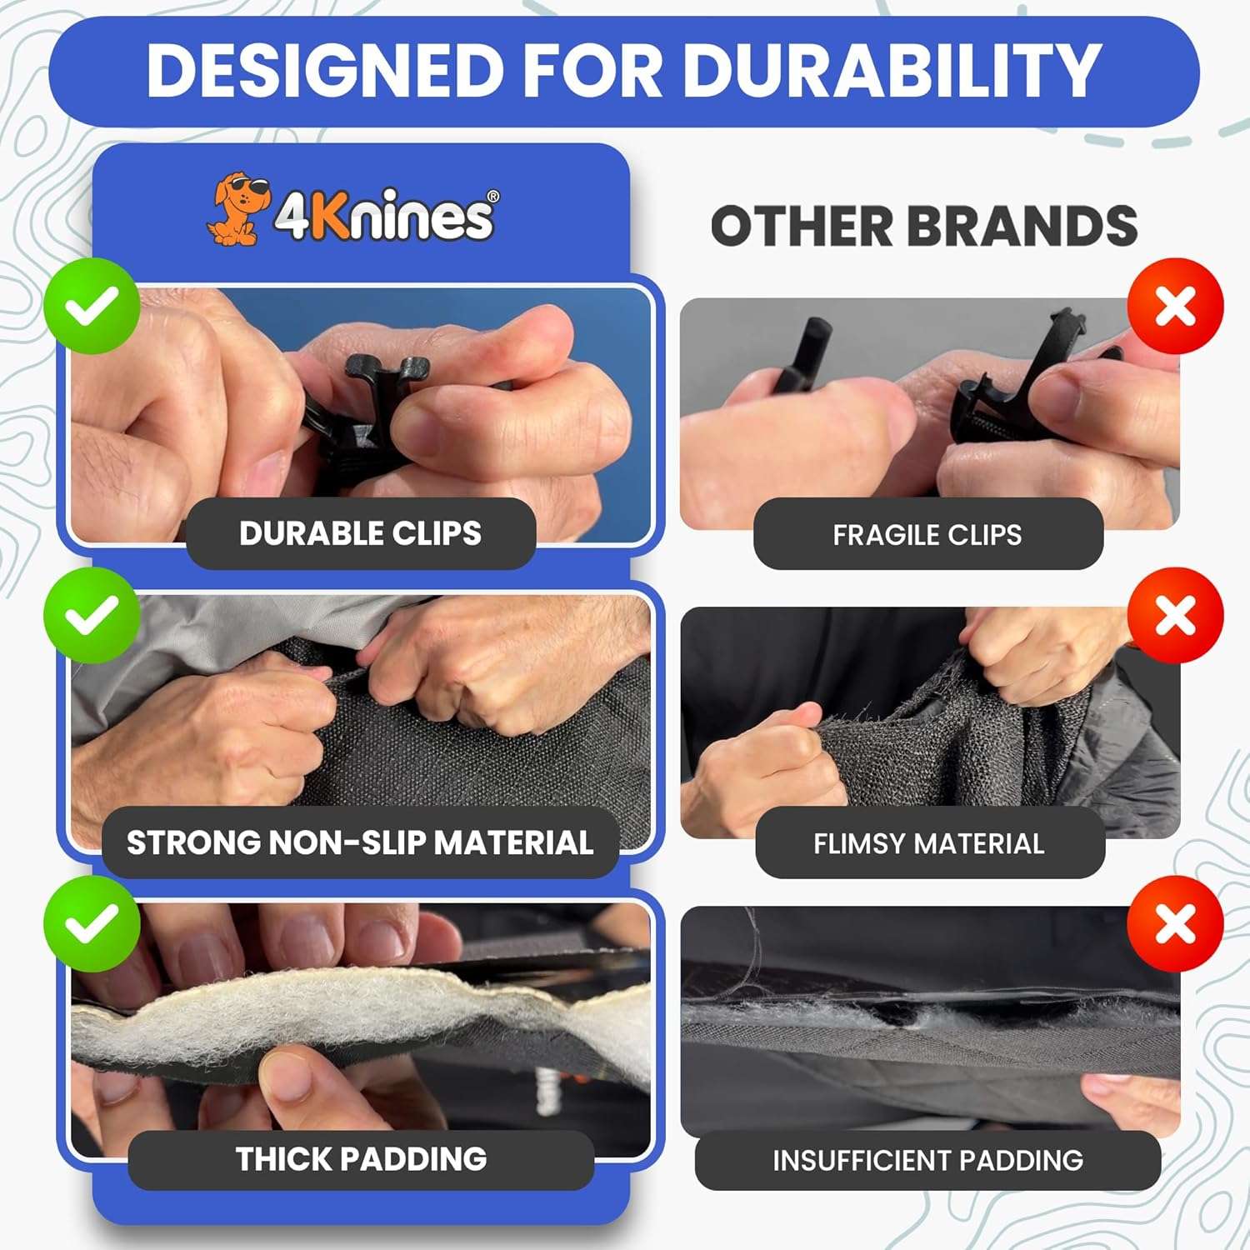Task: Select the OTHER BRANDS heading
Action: (x=923, y=226)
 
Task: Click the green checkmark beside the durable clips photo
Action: (x=92, y=306)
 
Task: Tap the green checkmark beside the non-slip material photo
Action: (x=92, y=615)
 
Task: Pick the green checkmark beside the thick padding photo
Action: (x=92, y=923)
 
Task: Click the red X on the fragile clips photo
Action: (x=1175, y=306)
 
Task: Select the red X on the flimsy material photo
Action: (x=1175, y=615)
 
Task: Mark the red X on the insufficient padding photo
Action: (x=1175, y=923)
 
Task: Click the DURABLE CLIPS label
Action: (x=360, y=533)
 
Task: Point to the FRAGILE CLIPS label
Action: (x=927, y=534)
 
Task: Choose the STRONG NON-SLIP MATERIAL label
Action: (x=360, y=842)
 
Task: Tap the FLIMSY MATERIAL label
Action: (x=929, y=843)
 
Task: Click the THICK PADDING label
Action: (x=361, y=1159)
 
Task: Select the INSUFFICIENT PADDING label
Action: (x=927, y=1160)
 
